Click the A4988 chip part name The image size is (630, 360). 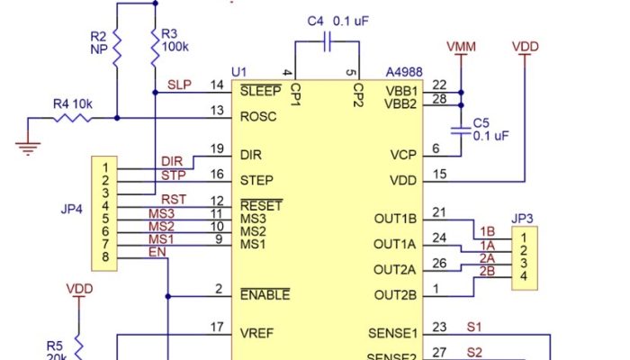(403, 70)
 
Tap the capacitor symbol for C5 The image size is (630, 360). (461, 130)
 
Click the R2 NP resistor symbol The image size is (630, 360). (116, 54)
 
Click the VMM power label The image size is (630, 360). (461, 46)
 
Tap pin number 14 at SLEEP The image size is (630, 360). (217, 85)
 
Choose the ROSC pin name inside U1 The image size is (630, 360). (259, 115)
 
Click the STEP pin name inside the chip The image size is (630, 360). (257, 180)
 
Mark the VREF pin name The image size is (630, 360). (258, 333)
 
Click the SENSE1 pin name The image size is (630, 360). (393, 333)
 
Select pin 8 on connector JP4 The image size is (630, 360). (105, 259)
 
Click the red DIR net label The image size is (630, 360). (171, 161)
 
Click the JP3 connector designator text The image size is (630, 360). (521, 218)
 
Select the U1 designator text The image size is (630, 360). (238, 70)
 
